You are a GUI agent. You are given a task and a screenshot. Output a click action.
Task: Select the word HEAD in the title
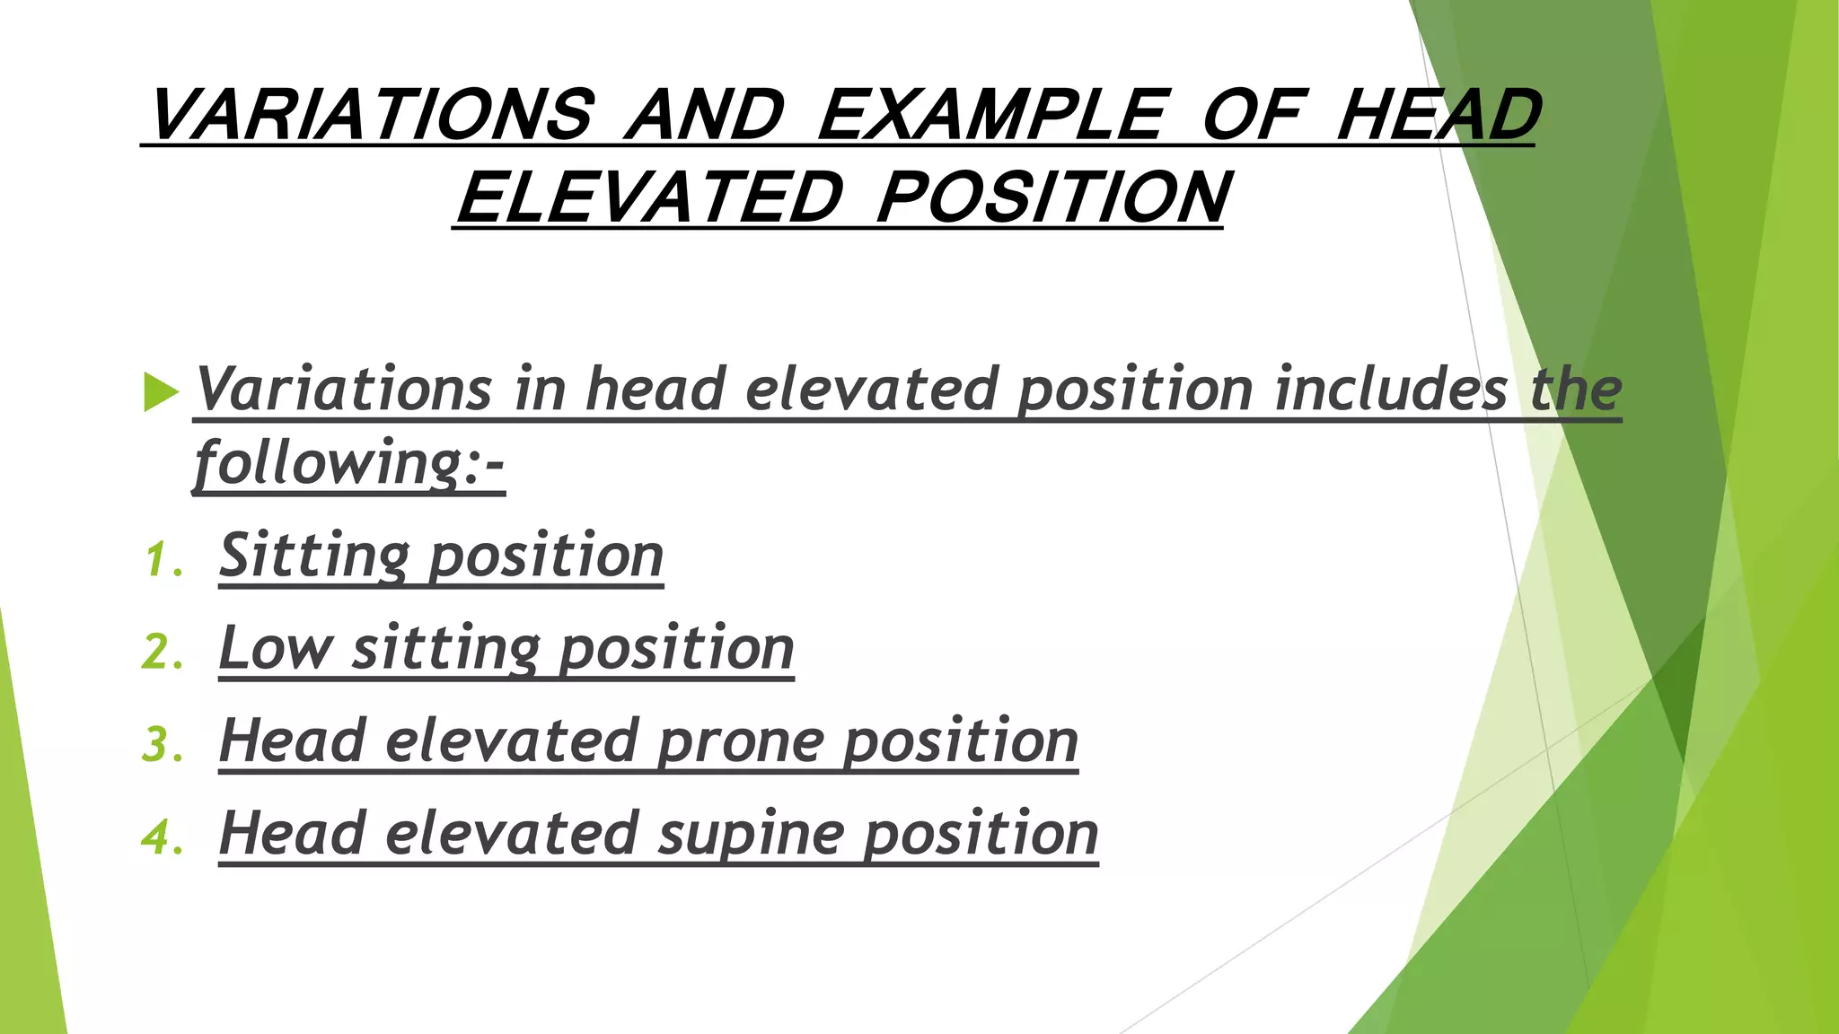(1438, 115)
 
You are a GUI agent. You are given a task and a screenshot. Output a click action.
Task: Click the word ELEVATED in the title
(649, 197)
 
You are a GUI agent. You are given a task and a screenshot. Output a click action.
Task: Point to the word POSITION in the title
(1053, 197)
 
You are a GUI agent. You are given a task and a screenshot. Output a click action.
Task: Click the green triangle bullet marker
(161, 393)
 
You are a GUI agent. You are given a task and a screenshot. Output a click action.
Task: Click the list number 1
(163, 560)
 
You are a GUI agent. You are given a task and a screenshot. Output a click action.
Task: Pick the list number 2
(163, 653)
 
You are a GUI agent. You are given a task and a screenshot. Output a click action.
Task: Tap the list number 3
(163, 745)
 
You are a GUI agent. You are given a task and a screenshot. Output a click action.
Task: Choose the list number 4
(163, 837)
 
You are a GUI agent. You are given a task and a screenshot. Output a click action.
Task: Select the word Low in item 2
(275, 648)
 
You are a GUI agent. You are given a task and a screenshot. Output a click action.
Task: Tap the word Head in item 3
(293, 740)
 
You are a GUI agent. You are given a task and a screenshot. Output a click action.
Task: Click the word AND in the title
(705, 115)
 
